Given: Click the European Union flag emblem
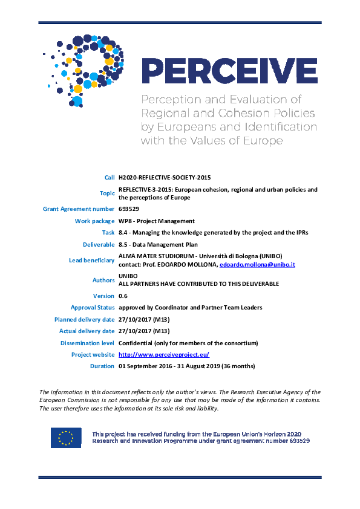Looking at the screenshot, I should pos(66,438).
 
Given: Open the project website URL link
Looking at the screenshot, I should pos(164,355).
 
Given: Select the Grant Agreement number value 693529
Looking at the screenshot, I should pos(128,209).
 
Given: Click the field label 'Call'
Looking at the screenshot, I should pos(109,177).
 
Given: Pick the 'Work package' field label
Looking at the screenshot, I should pos(94,221).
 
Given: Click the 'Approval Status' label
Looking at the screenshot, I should pos(90,308).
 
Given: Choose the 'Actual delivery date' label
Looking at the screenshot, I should pos(87,331).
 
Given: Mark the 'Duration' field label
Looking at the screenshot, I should pos(102,366).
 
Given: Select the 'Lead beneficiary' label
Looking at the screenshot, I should pos(91,261).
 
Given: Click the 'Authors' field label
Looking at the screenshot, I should pos(103,280).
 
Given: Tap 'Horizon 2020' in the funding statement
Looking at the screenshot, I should pos(284,434).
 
